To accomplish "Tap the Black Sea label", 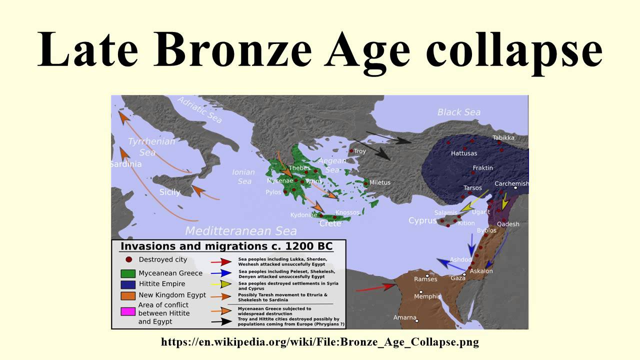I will (458, 112).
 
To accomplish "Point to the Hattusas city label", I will (464, 153).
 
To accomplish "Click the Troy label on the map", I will (360, 151).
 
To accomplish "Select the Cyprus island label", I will (422, 220).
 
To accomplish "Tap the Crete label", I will (330, 223).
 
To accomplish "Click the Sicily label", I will (169, 192).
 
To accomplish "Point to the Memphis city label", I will (427, 296).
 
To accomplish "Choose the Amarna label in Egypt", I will (404, 317).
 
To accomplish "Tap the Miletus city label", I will (380, 182).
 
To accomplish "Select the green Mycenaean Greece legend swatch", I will (128, 273).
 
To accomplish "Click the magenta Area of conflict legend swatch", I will (128, 311).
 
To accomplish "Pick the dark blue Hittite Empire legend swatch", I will (128, 284).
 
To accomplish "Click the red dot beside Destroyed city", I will (128, 259).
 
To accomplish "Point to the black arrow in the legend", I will (220, 321).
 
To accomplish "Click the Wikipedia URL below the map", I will (319, 342).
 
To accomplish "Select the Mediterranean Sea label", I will (240, 231).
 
